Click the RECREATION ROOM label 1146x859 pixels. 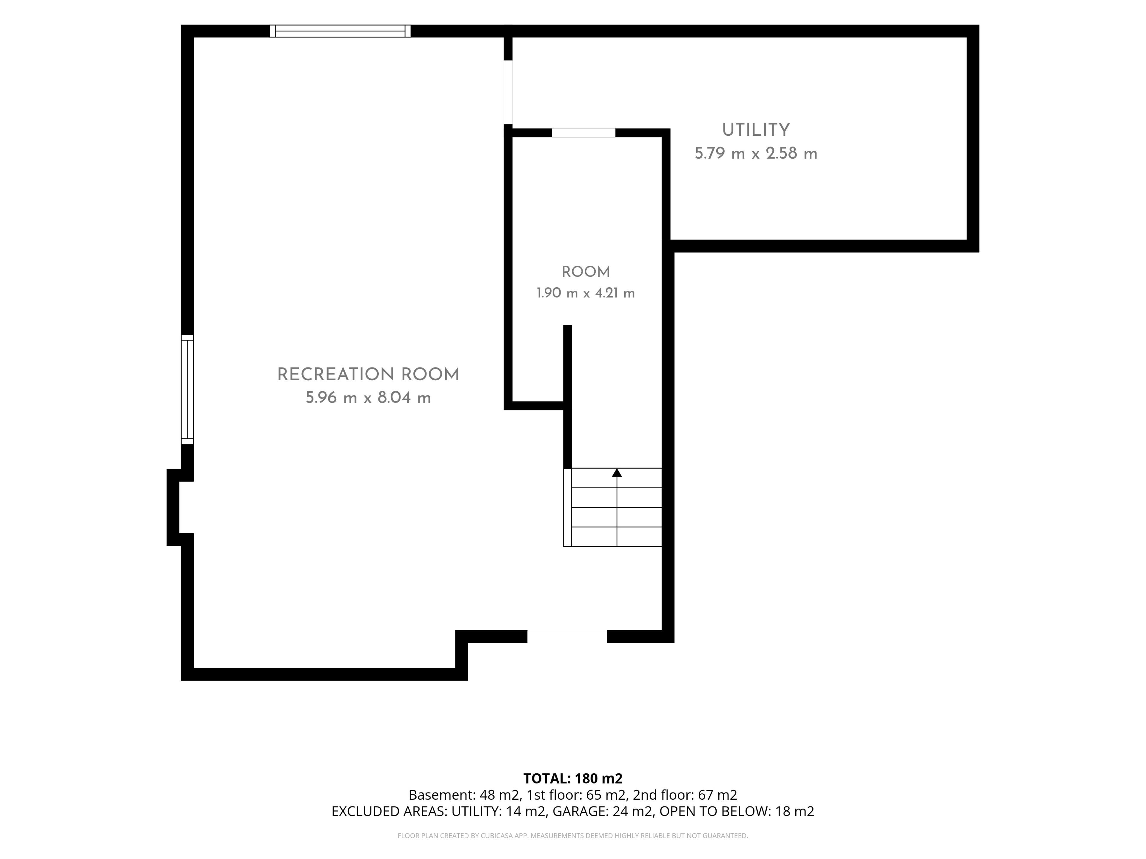click(x=368, y=375)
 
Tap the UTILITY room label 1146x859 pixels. click(x=756, y=130)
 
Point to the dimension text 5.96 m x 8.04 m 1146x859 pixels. click(x=368, y=398)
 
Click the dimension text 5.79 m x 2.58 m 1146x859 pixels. click(x=756, y=154)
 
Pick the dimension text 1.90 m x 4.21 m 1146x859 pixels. click(x=586, y=293)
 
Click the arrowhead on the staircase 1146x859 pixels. click(x=617, y=473)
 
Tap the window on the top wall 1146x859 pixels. click(x=341, y=31)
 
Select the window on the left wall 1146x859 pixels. click(x=187, y=389)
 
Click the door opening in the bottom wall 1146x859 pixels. click(x=567, y=636)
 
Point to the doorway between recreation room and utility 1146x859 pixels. click(x=508, y=92)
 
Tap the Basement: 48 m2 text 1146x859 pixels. click(x=464, y=795)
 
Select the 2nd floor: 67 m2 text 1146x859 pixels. click(x=685, y=795)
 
